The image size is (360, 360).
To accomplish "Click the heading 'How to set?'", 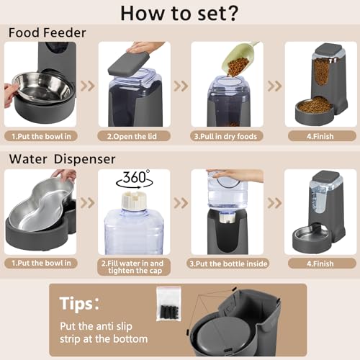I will pos(180,14).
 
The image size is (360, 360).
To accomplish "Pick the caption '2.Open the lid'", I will pos(135,135).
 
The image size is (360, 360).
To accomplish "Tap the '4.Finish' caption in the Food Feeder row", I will pos(319,135).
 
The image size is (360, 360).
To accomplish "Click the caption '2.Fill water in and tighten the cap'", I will pos(135,267).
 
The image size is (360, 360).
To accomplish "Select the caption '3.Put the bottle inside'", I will pos(228,264).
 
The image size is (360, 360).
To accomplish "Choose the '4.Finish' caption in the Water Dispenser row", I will pos(319,264).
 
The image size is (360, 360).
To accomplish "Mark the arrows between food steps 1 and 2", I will pos(87,86).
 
